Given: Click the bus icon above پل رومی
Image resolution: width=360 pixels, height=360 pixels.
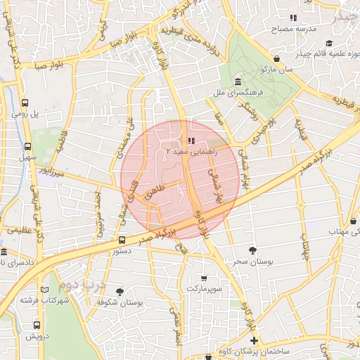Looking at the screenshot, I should coord(25,102).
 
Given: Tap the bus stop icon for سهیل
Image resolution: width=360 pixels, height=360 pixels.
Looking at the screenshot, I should coord(27,147).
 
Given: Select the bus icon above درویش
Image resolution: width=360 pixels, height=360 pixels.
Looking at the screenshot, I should coord(37,325).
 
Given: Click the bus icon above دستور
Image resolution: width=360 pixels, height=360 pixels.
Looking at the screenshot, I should coord(122,240).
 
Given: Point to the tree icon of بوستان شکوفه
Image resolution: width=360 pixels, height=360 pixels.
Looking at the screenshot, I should coord(120,291).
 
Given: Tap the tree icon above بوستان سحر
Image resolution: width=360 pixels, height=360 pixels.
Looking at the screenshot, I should coord(252,250).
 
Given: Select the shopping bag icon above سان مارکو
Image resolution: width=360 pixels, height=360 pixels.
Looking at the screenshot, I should coord(279,59).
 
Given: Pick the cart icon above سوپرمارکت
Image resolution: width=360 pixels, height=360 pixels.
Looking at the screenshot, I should coord(204,278).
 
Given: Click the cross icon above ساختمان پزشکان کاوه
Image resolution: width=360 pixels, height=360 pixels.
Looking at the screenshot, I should coord(254,342).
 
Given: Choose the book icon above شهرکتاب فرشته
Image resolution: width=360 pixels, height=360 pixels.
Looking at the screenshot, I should coord(46,289).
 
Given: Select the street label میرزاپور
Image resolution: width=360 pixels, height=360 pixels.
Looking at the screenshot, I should coord(51,172).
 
